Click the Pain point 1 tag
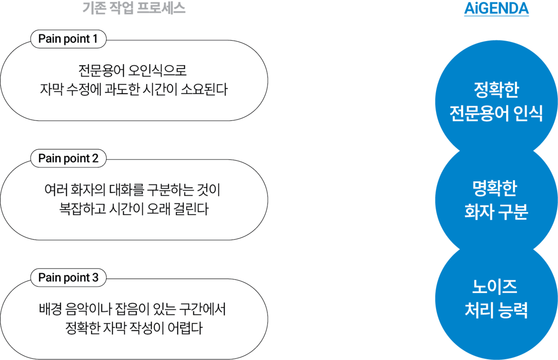click(x=68, y=39)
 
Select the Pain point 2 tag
click(x=68, y=159)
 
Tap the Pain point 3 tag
click(x=68, y=278)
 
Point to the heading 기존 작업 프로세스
click(x=134, y=9)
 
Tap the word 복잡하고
click(x=77, y=210)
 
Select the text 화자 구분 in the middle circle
click(x=496, y=213)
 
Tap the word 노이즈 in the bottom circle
click(x=496, y=287)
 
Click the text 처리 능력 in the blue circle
click(x=496, y=311)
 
